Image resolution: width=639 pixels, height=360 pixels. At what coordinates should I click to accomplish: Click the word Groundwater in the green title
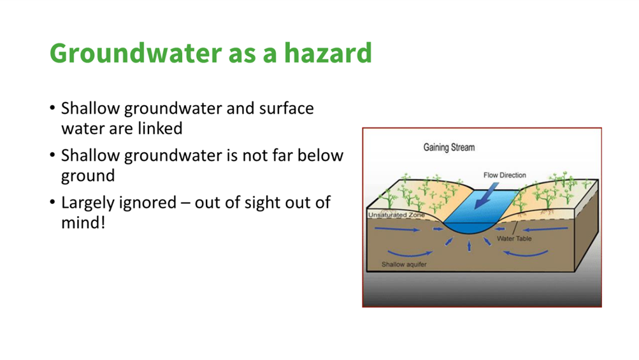[x=136, y=54]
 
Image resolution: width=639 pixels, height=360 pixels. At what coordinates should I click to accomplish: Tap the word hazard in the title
[x=327, y=53]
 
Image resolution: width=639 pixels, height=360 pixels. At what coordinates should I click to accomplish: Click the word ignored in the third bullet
[x=150, y=203]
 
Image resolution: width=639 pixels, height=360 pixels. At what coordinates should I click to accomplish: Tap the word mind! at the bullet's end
[x=83, y=222]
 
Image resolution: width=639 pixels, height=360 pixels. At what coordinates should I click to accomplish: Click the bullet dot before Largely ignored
[x=52, y=202]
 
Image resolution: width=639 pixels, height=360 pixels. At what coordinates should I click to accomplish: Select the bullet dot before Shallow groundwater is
[x=52, y=155]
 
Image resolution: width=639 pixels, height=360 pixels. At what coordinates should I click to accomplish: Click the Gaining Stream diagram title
[x=449, y=147]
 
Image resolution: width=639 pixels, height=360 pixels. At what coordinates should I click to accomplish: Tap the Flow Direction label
[x=505, y=175]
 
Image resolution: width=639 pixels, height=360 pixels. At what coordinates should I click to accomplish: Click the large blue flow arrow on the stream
[x=486, y=196]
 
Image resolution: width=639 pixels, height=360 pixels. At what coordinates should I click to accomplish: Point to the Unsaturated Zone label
[x=396, y=215]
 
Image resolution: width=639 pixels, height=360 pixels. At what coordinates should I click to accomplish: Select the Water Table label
[x=514, y=238]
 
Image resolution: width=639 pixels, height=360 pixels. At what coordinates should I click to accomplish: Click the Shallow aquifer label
[x=404, y=264]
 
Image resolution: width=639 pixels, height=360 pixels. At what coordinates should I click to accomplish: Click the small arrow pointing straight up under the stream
[x=469, y=246]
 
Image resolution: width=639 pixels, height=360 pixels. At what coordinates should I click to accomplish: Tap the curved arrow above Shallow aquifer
[x=410, y=254]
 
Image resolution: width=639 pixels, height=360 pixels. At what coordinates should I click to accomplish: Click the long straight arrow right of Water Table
[x=545, y=229]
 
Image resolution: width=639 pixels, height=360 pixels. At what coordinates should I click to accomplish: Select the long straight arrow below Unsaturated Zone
[x=397, y=229]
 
